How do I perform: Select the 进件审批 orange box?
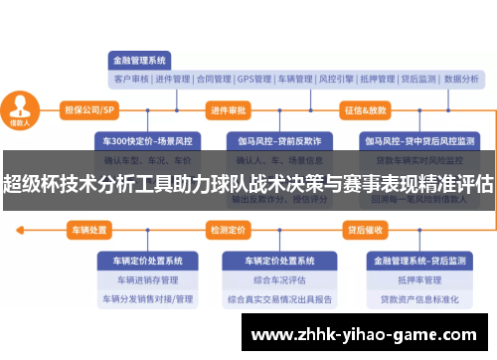(x=229, y=109)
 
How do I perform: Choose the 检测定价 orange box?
(x=229, y=231)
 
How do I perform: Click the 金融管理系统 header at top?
(x=140, y=60)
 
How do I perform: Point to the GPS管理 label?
(x=254, y=79)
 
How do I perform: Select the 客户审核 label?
(x=131, y=79)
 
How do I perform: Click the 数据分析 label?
(x=461, y=79)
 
